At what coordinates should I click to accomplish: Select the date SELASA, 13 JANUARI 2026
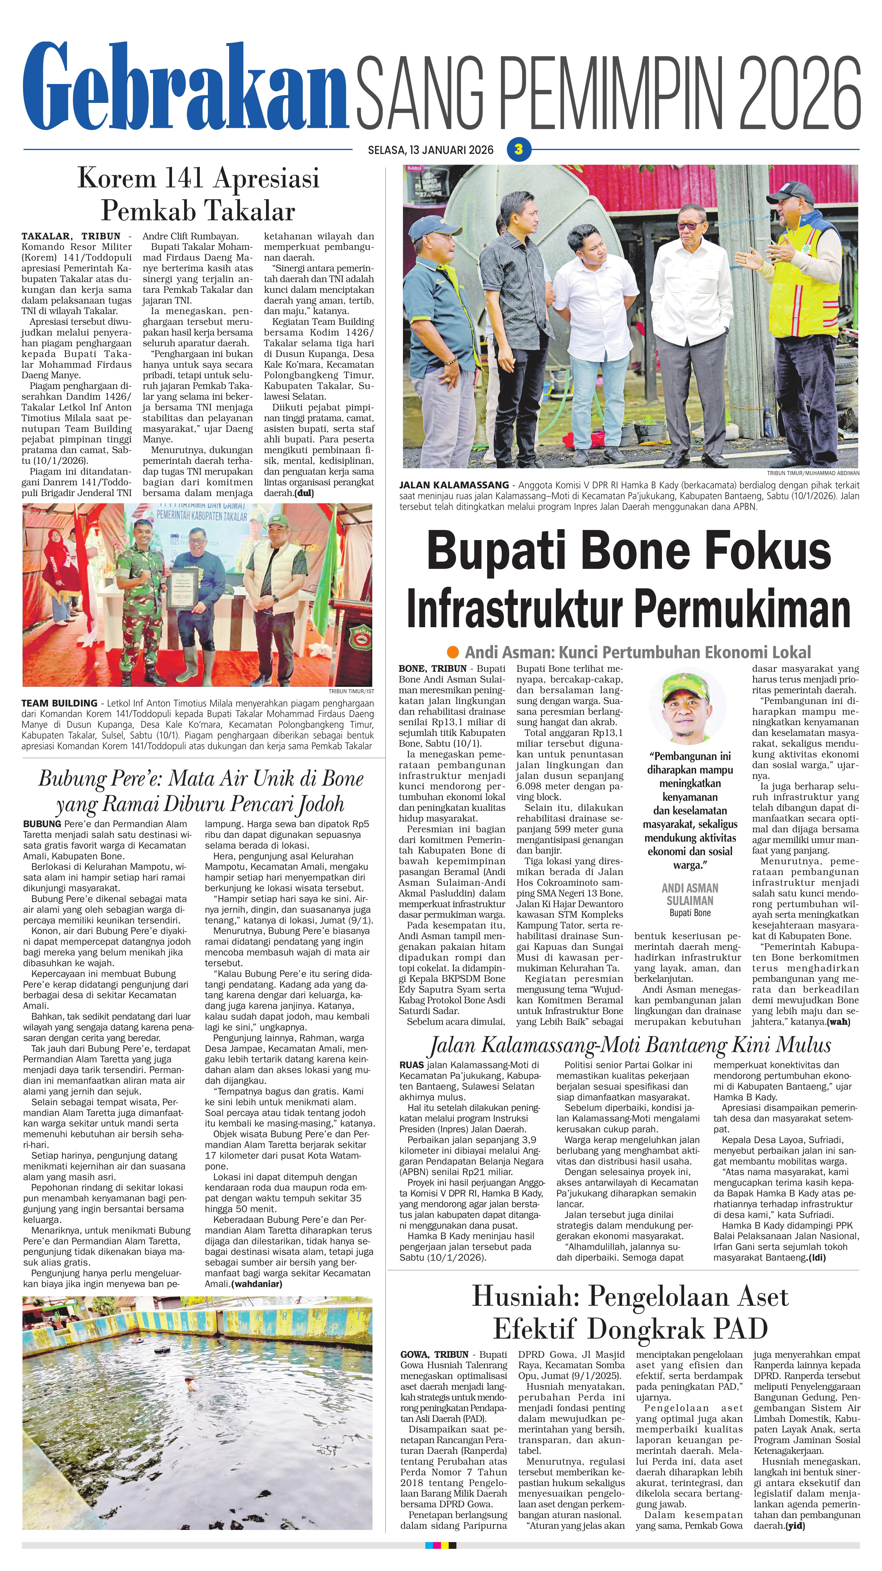[431, 150]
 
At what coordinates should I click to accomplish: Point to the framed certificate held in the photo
[182, 589]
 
